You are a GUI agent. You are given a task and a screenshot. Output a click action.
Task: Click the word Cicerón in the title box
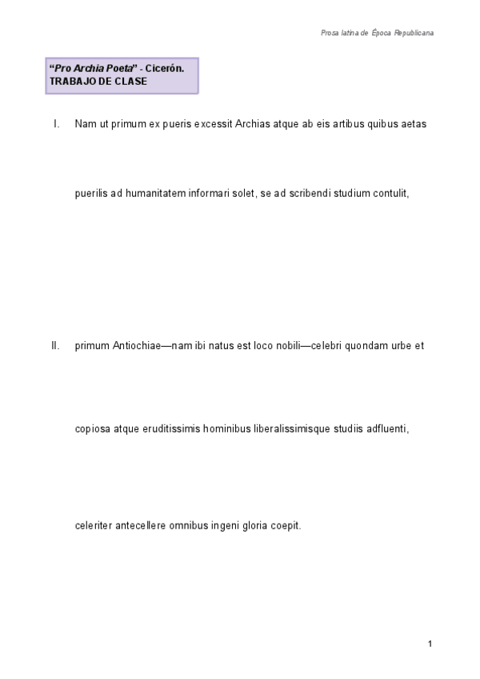click(165, 70)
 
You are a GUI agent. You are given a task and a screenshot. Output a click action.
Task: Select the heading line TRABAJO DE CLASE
click(98, 82)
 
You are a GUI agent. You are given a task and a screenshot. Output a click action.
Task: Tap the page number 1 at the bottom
click(430, 644)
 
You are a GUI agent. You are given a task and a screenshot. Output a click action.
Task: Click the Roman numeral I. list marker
click(56, 124)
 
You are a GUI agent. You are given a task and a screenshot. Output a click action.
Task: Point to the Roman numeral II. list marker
click(55, 347)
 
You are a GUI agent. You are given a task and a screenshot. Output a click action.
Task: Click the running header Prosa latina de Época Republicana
click(377, 33)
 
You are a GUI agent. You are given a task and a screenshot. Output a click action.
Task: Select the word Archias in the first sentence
click(254, 124)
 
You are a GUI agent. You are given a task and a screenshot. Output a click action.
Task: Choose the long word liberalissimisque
click(290, 428)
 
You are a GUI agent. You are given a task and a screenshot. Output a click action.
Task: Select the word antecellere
click(141, 526)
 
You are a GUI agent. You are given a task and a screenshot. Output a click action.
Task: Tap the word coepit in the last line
click(286, 526)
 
